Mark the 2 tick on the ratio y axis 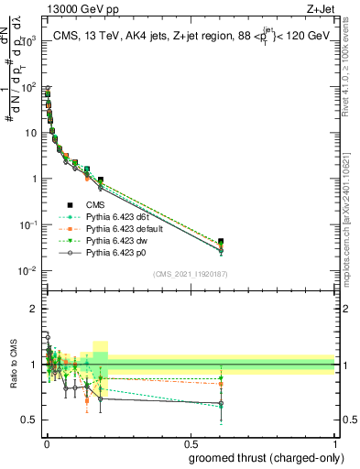[x=37, y=309]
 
